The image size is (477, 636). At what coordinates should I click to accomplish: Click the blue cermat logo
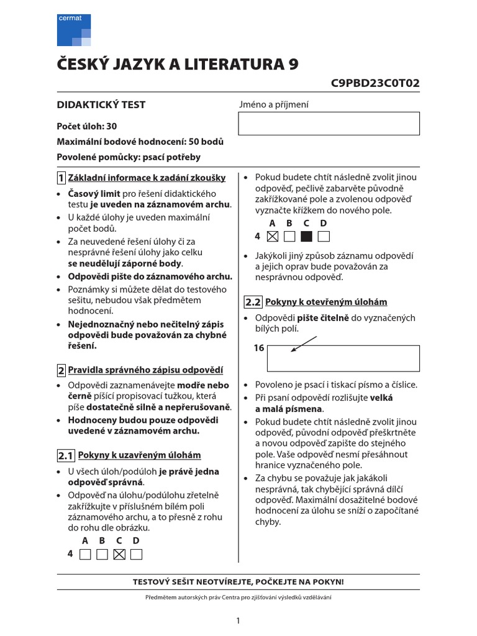pyautogui.click(x=74, y=29)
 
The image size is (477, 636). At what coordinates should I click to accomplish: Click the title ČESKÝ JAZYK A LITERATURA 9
pyautogui.click(x=178, y=65)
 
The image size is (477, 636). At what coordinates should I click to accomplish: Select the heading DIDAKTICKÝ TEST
pyautogui.click(x=101, y=105)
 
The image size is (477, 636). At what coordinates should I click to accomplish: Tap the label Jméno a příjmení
pyautogui.click(x=273, y=105)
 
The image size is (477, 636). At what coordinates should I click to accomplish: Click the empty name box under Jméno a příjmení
pyautogui.click(x=329, y=123)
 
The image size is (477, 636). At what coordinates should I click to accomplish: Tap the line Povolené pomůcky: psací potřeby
pyautogui.click(x=129, y=157)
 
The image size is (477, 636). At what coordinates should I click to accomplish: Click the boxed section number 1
pyautogui.click(x=61, y=178)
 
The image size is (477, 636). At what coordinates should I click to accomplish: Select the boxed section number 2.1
pyautogui.click(x=66, y=456)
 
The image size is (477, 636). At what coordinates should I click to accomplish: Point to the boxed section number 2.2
pyautogui.click(x=253, y=302)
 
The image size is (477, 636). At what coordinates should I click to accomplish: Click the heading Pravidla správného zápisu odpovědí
pyautogui.click(x=145, y=370)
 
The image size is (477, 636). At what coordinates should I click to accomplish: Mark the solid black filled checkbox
pyautogui.click(x=306, y=236)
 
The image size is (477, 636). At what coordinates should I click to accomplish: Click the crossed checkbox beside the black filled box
pyautogui.click(x=272, y=236)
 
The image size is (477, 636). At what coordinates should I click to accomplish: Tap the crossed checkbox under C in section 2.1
pyautogui.click(x=120, y=554)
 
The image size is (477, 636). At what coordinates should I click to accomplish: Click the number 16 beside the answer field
pyautogui.click(x=259, y=348)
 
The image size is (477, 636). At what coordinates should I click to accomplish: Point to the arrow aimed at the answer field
pyautogui.click(x=304, y=343)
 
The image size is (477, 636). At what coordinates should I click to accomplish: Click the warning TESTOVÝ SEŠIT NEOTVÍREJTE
pyautogui.click(x=238, y=582)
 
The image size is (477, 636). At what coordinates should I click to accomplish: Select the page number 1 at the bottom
pyautogui.click(x=238, y=620)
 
